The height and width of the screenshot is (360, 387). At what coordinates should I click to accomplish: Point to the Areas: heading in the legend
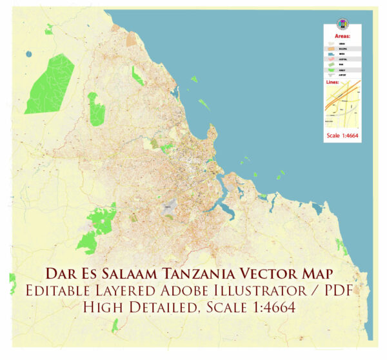342,37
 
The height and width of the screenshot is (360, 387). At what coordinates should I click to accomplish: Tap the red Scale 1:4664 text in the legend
342,135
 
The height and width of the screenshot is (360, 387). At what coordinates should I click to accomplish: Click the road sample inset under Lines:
342,106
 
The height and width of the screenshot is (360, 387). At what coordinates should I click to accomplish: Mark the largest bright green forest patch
50,84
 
